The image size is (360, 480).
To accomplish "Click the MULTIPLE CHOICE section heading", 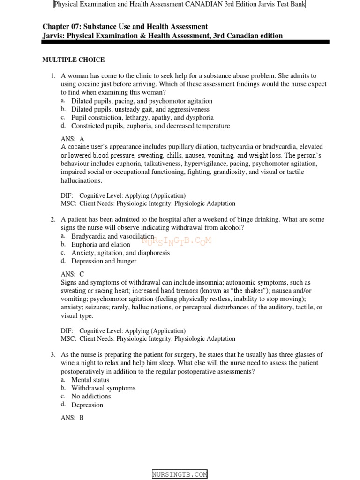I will coord(73,60).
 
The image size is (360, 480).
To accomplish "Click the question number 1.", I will coord(53,76).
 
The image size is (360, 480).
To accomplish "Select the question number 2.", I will coord(53,219).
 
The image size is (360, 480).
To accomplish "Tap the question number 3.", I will coord(53,355).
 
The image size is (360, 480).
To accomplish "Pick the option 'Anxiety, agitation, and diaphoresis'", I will coord(120,253).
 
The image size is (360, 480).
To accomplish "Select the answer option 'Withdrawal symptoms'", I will coord(103,388).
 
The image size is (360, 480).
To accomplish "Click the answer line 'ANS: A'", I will coord(73,139).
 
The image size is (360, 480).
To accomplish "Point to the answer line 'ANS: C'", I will coord(73,274).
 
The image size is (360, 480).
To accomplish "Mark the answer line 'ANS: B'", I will coord(73,418).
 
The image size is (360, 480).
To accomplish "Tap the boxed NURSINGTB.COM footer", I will coord(180,474).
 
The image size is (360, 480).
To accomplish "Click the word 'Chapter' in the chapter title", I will coord(55,27).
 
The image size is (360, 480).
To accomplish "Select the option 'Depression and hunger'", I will coord(104,261).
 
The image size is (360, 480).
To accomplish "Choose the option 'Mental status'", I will coord(90,380).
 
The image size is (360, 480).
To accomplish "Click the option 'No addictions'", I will coord(91,397).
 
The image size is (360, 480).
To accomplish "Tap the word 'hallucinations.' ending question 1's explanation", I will coord(81,180).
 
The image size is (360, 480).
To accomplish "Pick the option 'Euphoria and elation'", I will coord(101,244).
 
